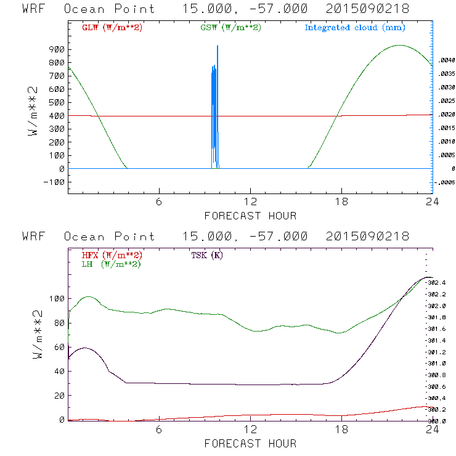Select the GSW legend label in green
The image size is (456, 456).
[x=229, y=28]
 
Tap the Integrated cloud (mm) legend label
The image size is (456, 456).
[x=355, y=28]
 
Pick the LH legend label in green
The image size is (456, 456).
[x=110, y=264]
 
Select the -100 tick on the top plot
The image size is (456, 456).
[x=54, y=182]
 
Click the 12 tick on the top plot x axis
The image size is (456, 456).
[x=250, y=203]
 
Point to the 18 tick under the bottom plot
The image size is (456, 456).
[x=341, y=430]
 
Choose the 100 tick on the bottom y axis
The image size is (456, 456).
[x=57, y=298]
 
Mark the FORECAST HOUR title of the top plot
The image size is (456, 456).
[x=250, y=216]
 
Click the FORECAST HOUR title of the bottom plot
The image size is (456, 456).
[x=250, y=443]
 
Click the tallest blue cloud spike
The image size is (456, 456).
[x=218, y=47]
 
